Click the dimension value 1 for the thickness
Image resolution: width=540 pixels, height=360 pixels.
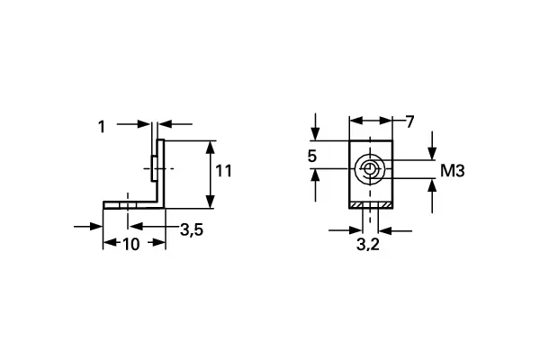pyautogui.click(x=102, y=127)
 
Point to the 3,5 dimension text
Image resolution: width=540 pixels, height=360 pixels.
pyautogui.click(x=191, y=229)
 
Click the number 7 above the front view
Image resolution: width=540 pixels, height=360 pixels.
pyautogui.click(x=409, y=121)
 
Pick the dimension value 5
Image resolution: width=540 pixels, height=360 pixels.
pyautogui.click(x=312, y=157)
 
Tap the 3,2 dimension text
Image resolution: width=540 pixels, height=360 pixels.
pyautogui.click(x=367, y=244)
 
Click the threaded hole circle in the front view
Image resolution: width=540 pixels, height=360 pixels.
pyautogui.click(x=369, y=169)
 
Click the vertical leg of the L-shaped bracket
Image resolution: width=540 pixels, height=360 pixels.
pyautogui.click(x=160, y=171)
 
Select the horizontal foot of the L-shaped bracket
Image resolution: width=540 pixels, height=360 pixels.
pyautogui.click(x=133, y=204)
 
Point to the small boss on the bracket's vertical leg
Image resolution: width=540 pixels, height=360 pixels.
pyautogui.click(x=153, y=166)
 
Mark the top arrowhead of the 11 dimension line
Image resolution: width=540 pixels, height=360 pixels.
pyautogui.click(x=211, y=146)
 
